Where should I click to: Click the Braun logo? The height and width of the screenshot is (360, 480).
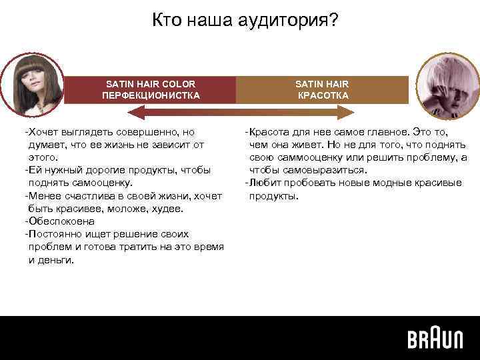435,339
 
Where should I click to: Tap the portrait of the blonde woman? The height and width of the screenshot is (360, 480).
443,87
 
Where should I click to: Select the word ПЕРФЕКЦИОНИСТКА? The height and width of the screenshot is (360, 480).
150,95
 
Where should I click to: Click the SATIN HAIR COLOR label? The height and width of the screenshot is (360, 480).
151,84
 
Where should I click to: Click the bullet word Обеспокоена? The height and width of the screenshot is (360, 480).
62,221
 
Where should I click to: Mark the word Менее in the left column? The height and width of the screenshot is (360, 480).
43,195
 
